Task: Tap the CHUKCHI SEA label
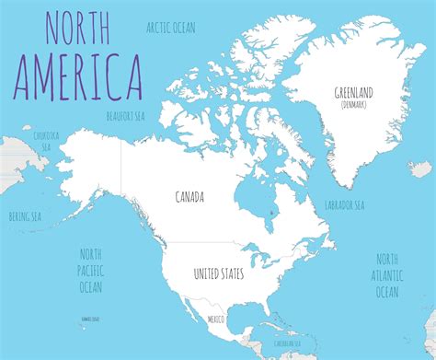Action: pos(46,139)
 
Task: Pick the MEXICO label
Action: pos(215,319)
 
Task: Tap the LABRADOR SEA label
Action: pos(345,204)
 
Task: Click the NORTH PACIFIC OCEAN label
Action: pos(91,272)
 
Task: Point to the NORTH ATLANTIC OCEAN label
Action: pos(386,275)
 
